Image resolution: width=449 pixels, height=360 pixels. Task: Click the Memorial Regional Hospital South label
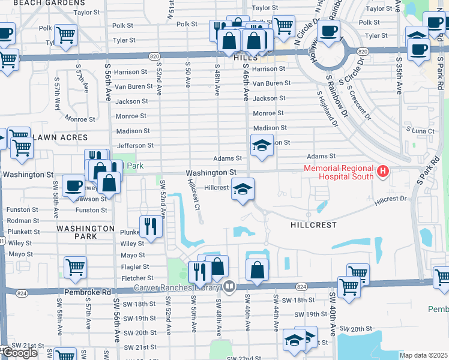pyautogui.click(x=339, y=173)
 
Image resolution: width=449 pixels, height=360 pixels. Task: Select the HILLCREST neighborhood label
pyautogui.click(x=313, y=225)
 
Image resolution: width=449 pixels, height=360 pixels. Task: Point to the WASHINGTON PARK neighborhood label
pyautogui.click(x=85, y=232)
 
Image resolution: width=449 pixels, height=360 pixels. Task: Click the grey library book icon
pyautogui.click(x=229, y=286)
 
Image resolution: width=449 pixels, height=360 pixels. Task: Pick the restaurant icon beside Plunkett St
pyautogui.click(x=150, y=227)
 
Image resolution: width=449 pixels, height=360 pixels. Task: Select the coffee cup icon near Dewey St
pyautogui.click(x=74, y=186)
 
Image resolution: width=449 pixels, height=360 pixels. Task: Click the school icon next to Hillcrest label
pyautogui.click(x=242, y=190)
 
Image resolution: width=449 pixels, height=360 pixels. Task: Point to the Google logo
pyautogui.click(x=20, y=353)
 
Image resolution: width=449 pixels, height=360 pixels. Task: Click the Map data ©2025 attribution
pyautogui.click(x=424, y=355)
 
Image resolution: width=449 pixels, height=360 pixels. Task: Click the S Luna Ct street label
pyautogui.click(x=420, y=130)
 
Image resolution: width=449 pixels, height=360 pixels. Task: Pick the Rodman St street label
pyautogui.click(x=22, y=221)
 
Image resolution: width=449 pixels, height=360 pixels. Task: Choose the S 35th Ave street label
pyautogui.click(x=397, y=75)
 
